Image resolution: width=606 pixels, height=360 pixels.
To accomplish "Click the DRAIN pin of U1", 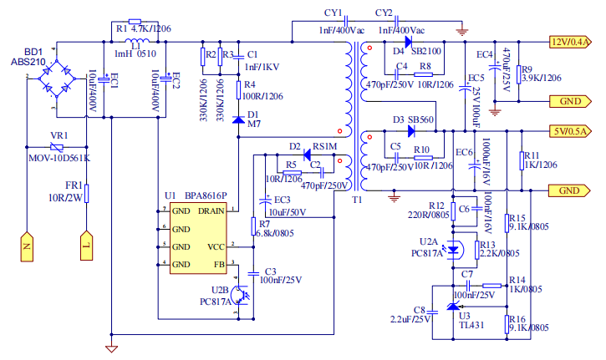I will tap(210, 210).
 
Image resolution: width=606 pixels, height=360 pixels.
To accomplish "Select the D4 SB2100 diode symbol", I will tap(409, 41).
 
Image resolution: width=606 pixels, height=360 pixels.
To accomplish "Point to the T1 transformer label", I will tap(358, 200).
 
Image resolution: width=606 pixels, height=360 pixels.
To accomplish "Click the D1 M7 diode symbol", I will tap(238, 119).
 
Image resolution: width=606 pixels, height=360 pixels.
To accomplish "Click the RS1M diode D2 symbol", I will tap(307, 155).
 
